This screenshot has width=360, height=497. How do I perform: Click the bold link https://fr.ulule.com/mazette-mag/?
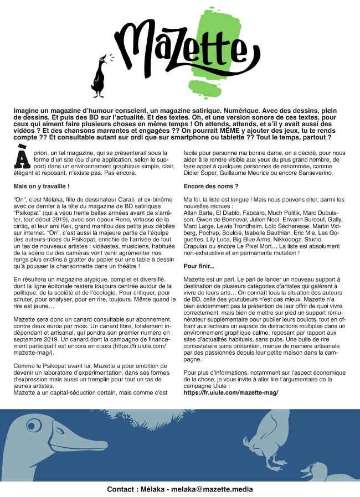point(230,392)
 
